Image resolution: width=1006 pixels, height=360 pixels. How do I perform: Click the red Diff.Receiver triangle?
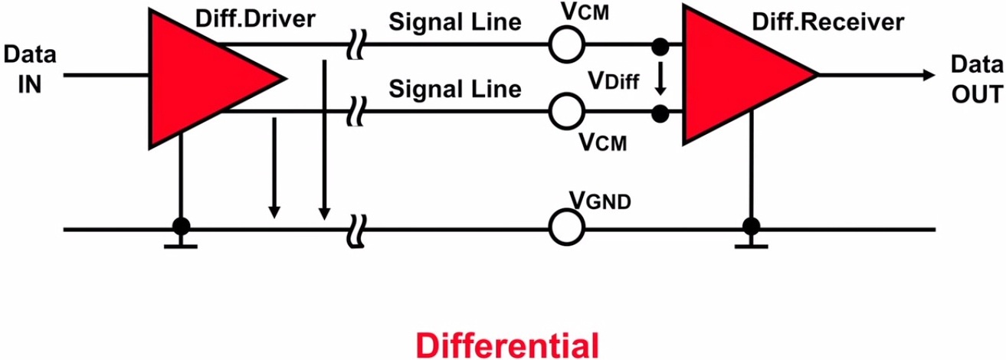[736, 75]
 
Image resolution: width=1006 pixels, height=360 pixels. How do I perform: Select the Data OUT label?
[975, 80]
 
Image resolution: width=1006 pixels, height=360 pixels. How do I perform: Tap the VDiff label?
[614, 80]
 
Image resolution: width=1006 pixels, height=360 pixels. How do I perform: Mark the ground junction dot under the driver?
[181, 227]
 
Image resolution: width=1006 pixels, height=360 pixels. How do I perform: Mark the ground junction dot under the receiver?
[751, 227]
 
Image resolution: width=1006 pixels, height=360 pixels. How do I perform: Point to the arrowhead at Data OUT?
[929, 75]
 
